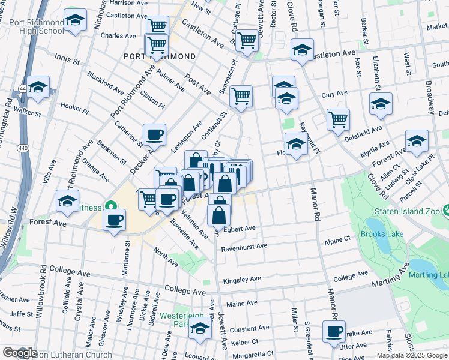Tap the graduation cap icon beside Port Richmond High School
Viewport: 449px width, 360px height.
(x=76, y=22)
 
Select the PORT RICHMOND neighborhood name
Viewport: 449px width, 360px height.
(x=159, y=56)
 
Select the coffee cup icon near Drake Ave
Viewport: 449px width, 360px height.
(x=334, y=331)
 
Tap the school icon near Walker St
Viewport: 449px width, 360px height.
(x=38, y=87)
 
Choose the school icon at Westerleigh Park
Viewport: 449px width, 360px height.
(x=200, y=329)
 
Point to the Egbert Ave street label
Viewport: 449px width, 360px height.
(x=240, y=229)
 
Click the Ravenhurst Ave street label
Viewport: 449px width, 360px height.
(x=244, y=246)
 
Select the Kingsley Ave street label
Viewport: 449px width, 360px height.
(x=242, y=280)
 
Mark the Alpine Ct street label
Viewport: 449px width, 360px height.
(x=337, y=239)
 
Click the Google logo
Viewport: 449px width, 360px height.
(x=19, y=353)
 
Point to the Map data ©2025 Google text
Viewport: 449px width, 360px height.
(x=412, y=355)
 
